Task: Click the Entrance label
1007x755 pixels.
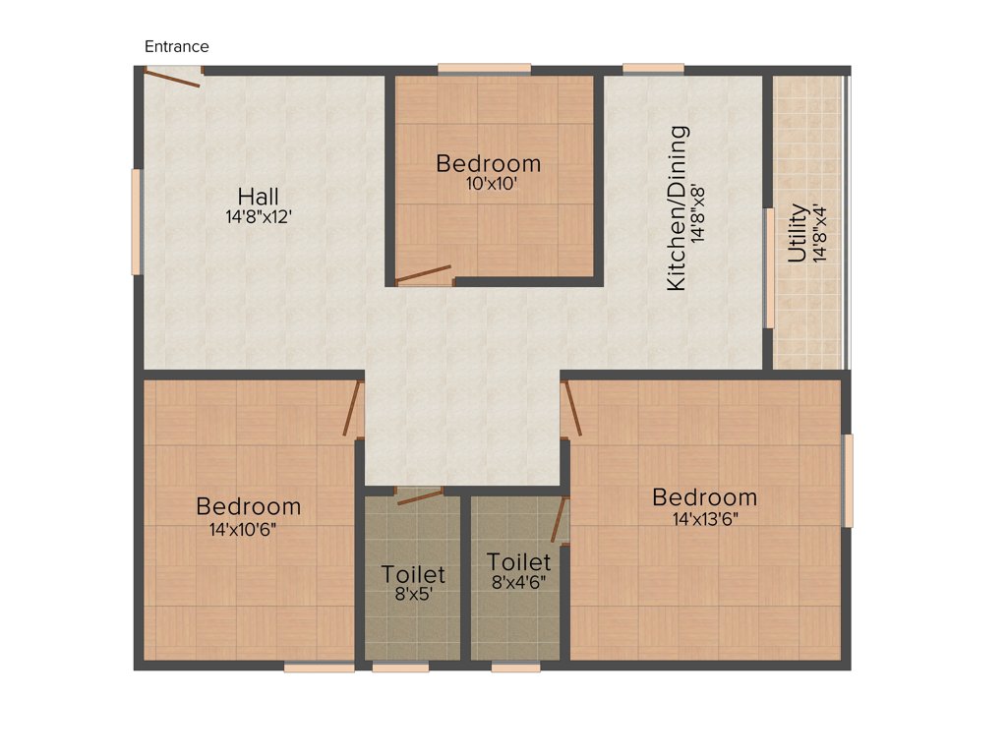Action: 177,46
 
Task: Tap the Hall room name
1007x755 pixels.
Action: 258,197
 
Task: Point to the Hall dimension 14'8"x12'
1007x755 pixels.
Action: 259,217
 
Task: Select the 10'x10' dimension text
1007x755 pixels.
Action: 490,182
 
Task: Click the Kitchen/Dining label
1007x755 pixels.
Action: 678,207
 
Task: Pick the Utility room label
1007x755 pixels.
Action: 798,233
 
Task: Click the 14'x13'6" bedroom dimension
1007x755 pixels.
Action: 705,518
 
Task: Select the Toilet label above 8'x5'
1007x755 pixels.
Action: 413,573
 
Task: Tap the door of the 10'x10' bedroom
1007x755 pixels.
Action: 424,274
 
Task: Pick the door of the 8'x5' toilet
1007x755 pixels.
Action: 419,495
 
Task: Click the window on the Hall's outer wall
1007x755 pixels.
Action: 137,222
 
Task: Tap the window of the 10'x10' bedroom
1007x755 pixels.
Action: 484,69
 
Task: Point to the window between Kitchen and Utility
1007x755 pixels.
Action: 768,268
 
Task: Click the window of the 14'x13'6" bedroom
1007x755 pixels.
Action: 848,480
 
